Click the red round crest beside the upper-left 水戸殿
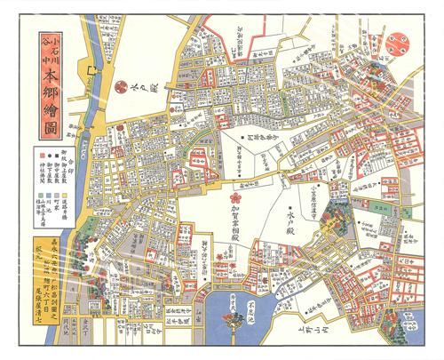click(x=123, y=86)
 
